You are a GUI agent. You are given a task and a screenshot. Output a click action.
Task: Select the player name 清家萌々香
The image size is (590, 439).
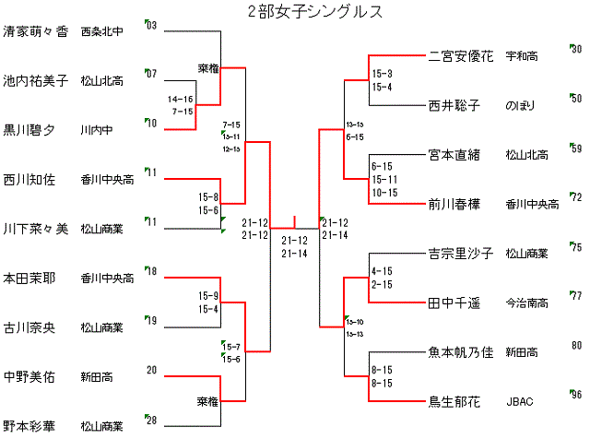[36, 30]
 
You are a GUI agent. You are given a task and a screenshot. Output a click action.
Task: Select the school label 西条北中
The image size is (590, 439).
[103, 31]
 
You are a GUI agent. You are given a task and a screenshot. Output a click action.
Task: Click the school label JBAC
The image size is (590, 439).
[520, 402]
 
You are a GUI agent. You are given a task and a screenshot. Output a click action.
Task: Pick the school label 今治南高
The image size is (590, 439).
[526, 303]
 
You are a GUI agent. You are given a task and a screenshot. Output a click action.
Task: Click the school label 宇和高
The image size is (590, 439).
[523, 56]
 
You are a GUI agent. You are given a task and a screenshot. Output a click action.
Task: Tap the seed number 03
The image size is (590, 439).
[152, 25]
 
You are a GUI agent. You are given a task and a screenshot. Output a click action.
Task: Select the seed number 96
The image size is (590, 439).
[576, 395]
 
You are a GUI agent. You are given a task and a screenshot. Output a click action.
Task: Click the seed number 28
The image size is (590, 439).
[152, 420]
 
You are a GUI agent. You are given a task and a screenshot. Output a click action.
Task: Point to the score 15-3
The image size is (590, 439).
[382, 73]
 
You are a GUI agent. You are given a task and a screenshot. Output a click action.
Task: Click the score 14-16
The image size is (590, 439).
[181, 99]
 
